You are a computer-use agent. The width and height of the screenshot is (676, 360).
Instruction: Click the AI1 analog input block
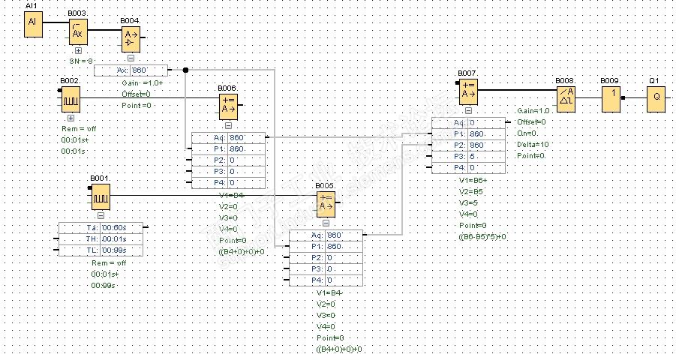pos(32,24)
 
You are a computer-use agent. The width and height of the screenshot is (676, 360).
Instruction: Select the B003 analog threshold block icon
pos(78,32)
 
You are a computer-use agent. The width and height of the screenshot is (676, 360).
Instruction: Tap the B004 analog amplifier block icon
pos(131,37)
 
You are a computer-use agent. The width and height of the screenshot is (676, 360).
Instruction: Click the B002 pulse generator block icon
pos(71,99)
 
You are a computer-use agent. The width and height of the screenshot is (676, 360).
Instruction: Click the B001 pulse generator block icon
pos(101,197)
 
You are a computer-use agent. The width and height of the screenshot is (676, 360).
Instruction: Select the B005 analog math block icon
pos(325,204)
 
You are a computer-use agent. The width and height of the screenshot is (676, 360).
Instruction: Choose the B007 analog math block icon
pos(467,91)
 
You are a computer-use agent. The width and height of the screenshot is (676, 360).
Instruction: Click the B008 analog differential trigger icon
pos(565,99)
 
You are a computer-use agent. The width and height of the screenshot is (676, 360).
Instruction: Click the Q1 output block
pos(656,99)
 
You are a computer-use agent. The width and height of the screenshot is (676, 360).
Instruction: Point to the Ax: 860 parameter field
pos(131,70)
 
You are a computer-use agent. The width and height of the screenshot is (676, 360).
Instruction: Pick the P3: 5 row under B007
pos(469,156)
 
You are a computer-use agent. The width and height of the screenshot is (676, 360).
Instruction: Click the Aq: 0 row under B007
pos(469,122)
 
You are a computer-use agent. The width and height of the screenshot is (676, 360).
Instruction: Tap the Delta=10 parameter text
pos(533,144)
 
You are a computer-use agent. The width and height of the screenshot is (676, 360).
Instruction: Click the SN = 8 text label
pos(81,61)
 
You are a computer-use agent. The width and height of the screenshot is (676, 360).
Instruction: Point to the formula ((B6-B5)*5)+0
pos(482,236)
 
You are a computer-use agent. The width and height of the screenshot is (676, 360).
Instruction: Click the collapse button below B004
pos(131,58)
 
